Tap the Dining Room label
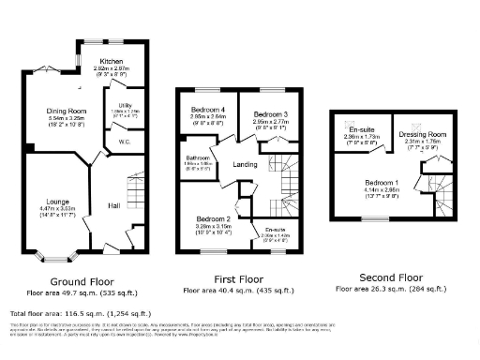coord(67,111)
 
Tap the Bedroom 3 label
coord(270,113)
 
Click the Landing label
coord(246,166)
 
